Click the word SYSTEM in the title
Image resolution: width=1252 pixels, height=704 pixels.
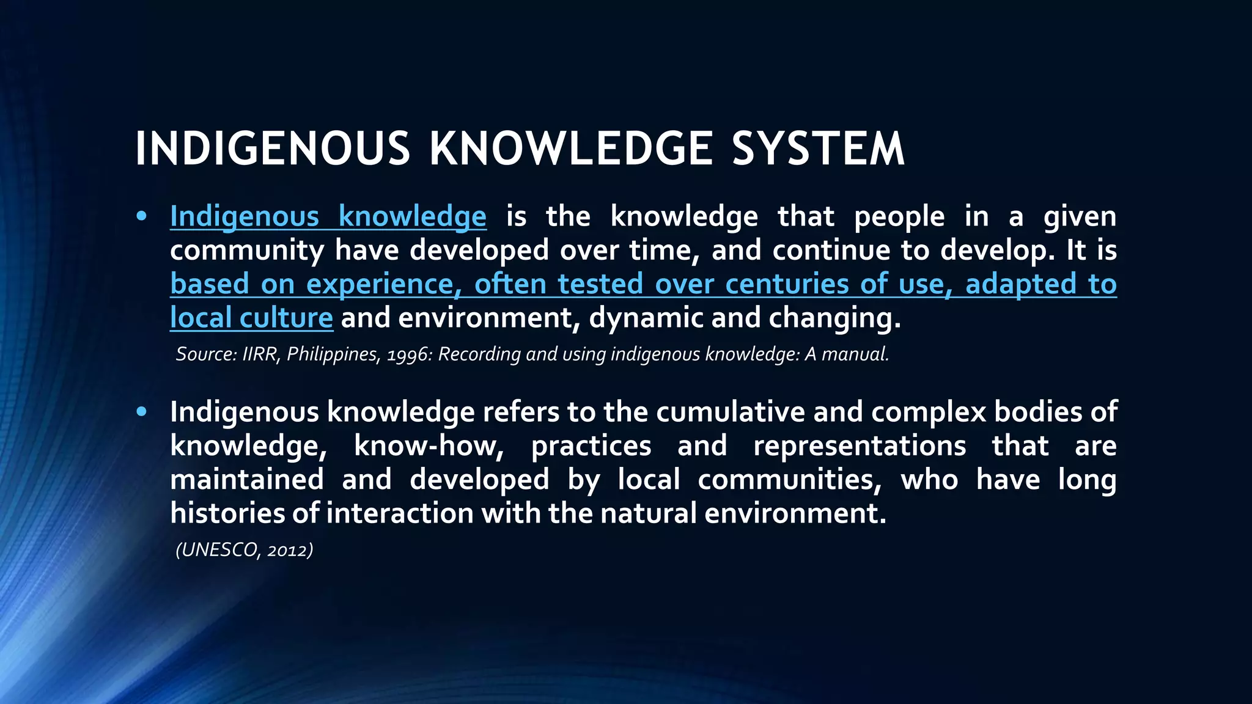(x=818, y=149)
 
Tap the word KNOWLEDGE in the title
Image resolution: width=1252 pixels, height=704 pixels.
(x=571, y=149)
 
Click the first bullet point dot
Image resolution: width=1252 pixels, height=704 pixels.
(x=142, y=216)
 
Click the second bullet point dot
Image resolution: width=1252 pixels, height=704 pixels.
(x=142, y=412)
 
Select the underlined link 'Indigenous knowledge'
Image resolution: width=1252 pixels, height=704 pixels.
(x=328, y=217)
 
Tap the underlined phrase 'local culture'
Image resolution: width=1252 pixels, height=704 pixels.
(x=251, y=318)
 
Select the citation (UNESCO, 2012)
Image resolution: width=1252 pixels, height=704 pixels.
(x=245, y=550)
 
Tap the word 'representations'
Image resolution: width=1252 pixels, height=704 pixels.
(x=860, y=446)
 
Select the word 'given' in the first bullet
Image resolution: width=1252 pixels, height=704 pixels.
(x=1080, y=217)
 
